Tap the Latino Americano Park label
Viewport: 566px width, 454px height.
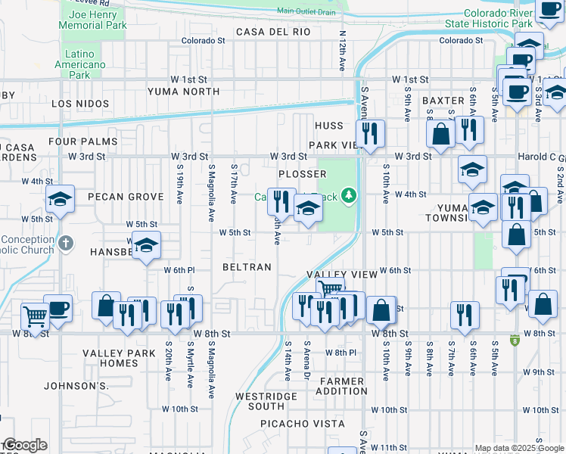pos(84,64)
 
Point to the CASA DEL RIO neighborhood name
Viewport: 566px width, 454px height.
pos(273,32)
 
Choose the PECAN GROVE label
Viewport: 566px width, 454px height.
pos(126,197)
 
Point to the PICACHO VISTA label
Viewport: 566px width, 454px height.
pos(293,424)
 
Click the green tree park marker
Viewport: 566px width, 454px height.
pos(349,197)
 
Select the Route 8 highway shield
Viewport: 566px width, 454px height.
pos(515,340)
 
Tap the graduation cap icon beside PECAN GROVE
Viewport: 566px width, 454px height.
pos(60,200)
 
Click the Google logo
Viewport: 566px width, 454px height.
pos(24,444)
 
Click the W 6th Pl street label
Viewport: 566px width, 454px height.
pos(179,270)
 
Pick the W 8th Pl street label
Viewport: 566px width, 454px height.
pos(341,353)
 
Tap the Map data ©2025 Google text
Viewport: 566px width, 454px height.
pos(519,448)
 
